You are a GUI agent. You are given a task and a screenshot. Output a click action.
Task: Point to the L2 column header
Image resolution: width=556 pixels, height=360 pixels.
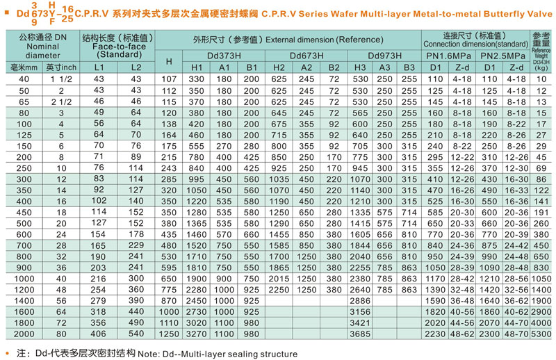click(x=136, y=67)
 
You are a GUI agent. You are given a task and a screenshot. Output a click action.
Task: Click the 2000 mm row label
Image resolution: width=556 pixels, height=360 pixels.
click(x=18, y=334)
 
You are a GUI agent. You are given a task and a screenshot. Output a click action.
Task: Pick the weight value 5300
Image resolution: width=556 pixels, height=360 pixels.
click(x=541, y=334)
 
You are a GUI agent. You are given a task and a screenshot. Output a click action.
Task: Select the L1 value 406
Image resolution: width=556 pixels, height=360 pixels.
click(x=98, y=334)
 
